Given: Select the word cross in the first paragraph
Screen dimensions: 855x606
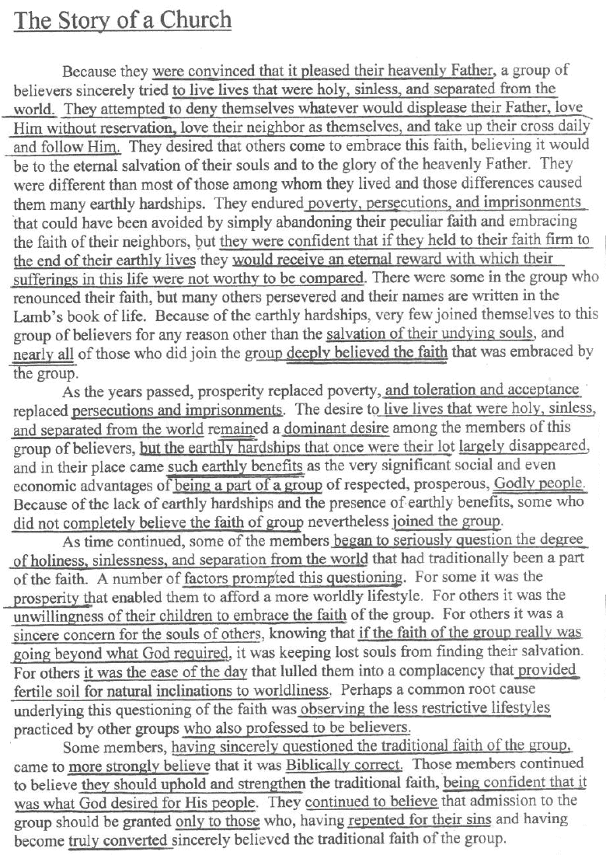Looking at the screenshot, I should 528,126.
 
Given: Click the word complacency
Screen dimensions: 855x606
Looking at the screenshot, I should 449,670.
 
